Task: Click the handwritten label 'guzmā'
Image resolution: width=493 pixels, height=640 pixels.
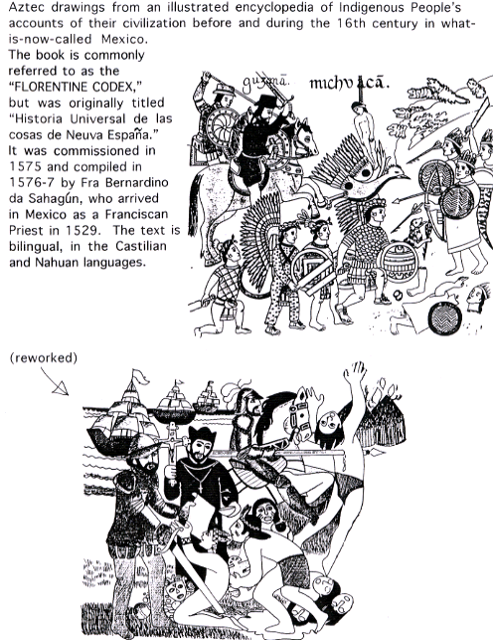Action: [265, 84]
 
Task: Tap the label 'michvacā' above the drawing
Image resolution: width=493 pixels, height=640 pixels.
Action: [349, 84]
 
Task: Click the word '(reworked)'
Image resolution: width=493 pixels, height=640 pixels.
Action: [43, 358]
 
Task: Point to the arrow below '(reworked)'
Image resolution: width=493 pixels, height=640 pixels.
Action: [55, 381]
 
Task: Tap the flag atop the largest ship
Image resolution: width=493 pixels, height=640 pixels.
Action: [139, 376]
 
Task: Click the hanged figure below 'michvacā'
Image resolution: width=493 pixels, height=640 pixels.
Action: [363, 122]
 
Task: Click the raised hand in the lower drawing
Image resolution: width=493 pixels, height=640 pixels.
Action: [355, 372]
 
